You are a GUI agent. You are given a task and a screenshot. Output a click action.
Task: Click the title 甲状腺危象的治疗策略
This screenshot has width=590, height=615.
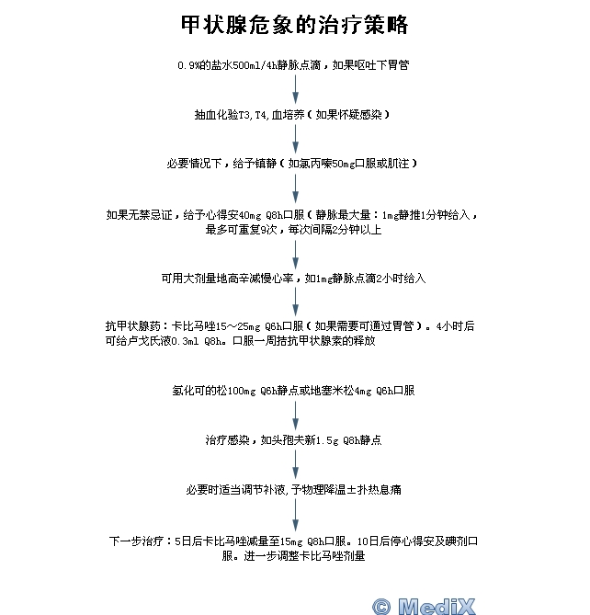pyautogui.click(x=294, y=25)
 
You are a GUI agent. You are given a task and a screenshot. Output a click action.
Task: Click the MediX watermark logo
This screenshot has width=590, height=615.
pyautogui.click(x=424, y=606)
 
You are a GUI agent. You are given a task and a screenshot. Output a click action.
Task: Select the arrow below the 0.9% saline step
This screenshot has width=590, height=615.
pyautogui.click(x=296, y=89)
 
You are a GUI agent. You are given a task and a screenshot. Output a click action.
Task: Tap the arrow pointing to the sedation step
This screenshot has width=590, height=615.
pyautogui.click(x=296, y=139)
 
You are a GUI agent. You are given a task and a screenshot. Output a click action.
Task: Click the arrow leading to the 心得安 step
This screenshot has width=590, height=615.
pyautogui.click(x=296, y=188)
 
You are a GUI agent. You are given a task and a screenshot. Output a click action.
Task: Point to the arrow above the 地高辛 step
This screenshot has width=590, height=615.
pyautogui.click(x=296, y=255)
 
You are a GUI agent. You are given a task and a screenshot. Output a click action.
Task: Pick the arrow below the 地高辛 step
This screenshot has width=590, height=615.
pyautogui.click(x=296, y=302)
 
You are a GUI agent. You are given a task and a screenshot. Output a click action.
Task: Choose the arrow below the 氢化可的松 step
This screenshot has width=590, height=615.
pyautogui.click(x=296, y=416)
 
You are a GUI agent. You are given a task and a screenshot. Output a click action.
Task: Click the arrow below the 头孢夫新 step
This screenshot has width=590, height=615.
pyautogui.click(x=296, y=464)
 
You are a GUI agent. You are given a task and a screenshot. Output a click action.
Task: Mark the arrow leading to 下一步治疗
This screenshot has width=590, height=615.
pyautogui.click(x=296, y=516)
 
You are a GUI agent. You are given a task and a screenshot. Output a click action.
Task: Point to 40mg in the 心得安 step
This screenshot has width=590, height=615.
pyautogui.click(x=250, y=215)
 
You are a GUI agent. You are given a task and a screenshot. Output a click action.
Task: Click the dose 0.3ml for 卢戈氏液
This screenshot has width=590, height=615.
pyautogui.click(x=185, y=341)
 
